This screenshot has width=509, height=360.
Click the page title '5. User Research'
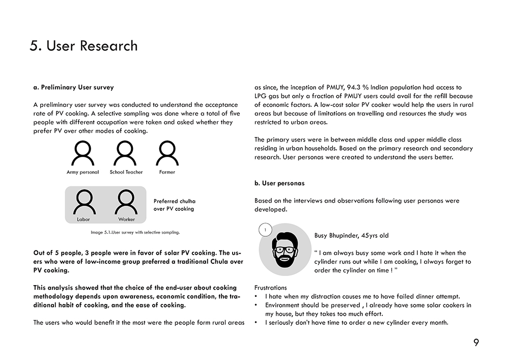coord(83,46)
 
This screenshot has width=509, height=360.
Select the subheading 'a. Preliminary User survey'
coord(73,87)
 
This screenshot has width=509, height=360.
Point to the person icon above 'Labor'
coord(83,202)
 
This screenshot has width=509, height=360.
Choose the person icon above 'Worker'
coord(126,202)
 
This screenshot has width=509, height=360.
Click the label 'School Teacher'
coord(126,172)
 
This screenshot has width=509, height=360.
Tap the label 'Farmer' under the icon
coord(167,172)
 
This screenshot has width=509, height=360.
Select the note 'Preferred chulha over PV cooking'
coord(174,205)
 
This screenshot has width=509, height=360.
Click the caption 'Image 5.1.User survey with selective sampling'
coord(135,232)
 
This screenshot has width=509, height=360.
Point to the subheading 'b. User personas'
coord(279,183)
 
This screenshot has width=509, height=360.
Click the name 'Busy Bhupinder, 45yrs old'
coord(351,236)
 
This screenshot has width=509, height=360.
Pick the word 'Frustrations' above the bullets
coord(270,288)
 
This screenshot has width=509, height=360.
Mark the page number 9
coord(476,343)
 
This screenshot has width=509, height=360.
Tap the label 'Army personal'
coord(82,172)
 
